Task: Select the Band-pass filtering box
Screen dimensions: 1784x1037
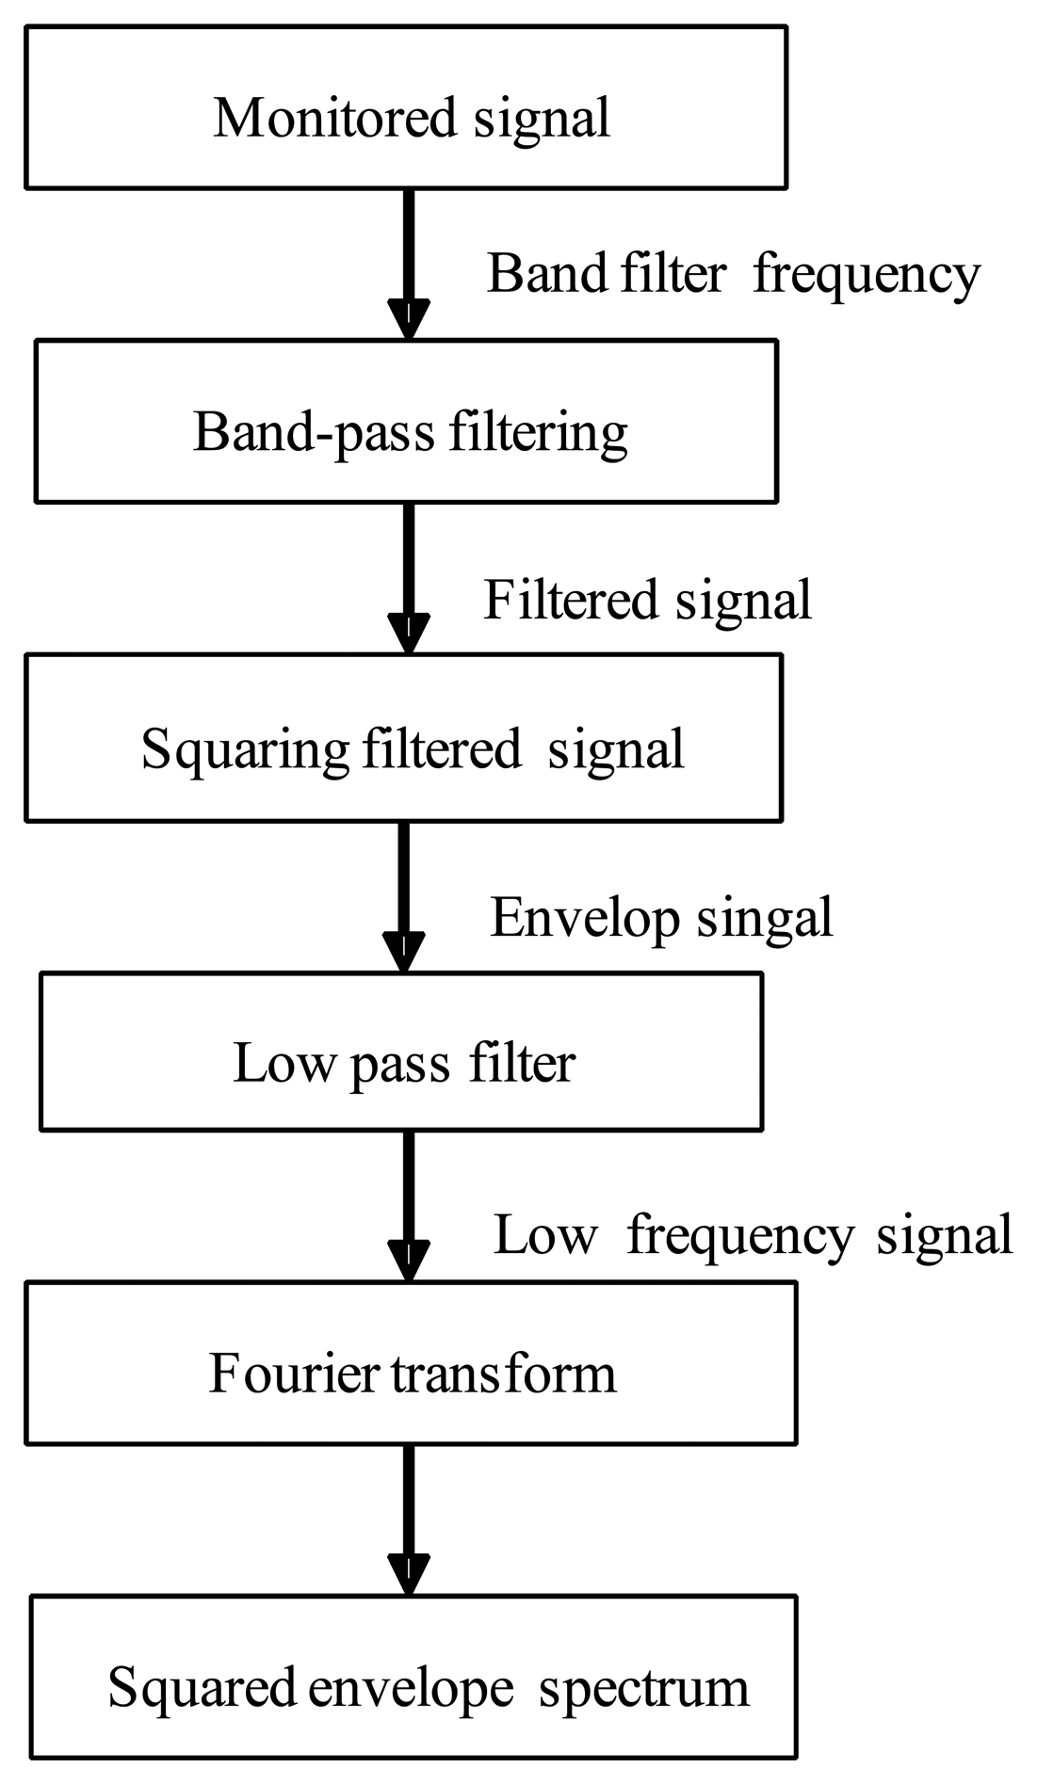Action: (x=406, y=421)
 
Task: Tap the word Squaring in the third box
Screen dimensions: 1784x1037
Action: (x=245, y=751)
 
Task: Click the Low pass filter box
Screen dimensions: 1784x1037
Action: (x=401, y=1051)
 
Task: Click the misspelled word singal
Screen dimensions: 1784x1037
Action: (x=765, y=918)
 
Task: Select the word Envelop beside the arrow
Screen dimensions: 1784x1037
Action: (x=584, y=918)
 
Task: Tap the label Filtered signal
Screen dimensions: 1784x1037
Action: (x=647, y=600)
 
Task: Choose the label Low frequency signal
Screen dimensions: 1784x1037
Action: (x=753, y=1235)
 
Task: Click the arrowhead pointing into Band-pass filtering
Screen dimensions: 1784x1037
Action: (x=408, y=320)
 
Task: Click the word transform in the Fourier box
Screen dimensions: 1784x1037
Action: (x=503, y=1374)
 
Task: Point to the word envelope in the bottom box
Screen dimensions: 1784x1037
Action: (x=411, y=1688)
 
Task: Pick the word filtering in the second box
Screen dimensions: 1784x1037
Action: (x=537, y=433)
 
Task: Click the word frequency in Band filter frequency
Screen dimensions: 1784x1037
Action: (x=867, y=275)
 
